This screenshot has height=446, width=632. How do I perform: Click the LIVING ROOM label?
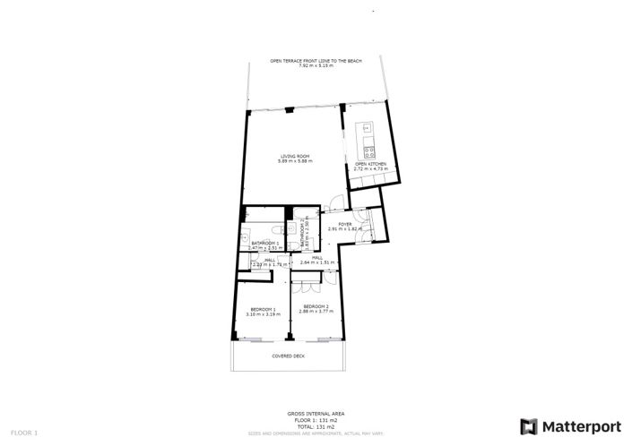click(294, 157)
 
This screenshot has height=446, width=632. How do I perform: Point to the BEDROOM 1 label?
click(263, 310)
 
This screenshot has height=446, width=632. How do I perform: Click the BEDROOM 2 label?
click(316, 307)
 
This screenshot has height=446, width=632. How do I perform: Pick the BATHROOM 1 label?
click(265, 243)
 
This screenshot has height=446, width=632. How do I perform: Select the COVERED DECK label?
click(290, 356)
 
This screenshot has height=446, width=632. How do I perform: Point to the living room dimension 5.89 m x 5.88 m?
click(294, 161)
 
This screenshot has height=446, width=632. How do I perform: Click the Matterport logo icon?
click(530, 425)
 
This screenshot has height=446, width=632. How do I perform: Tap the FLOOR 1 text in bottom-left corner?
click(24, 433)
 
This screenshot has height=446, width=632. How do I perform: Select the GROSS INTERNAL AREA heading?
click(316, 413)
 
